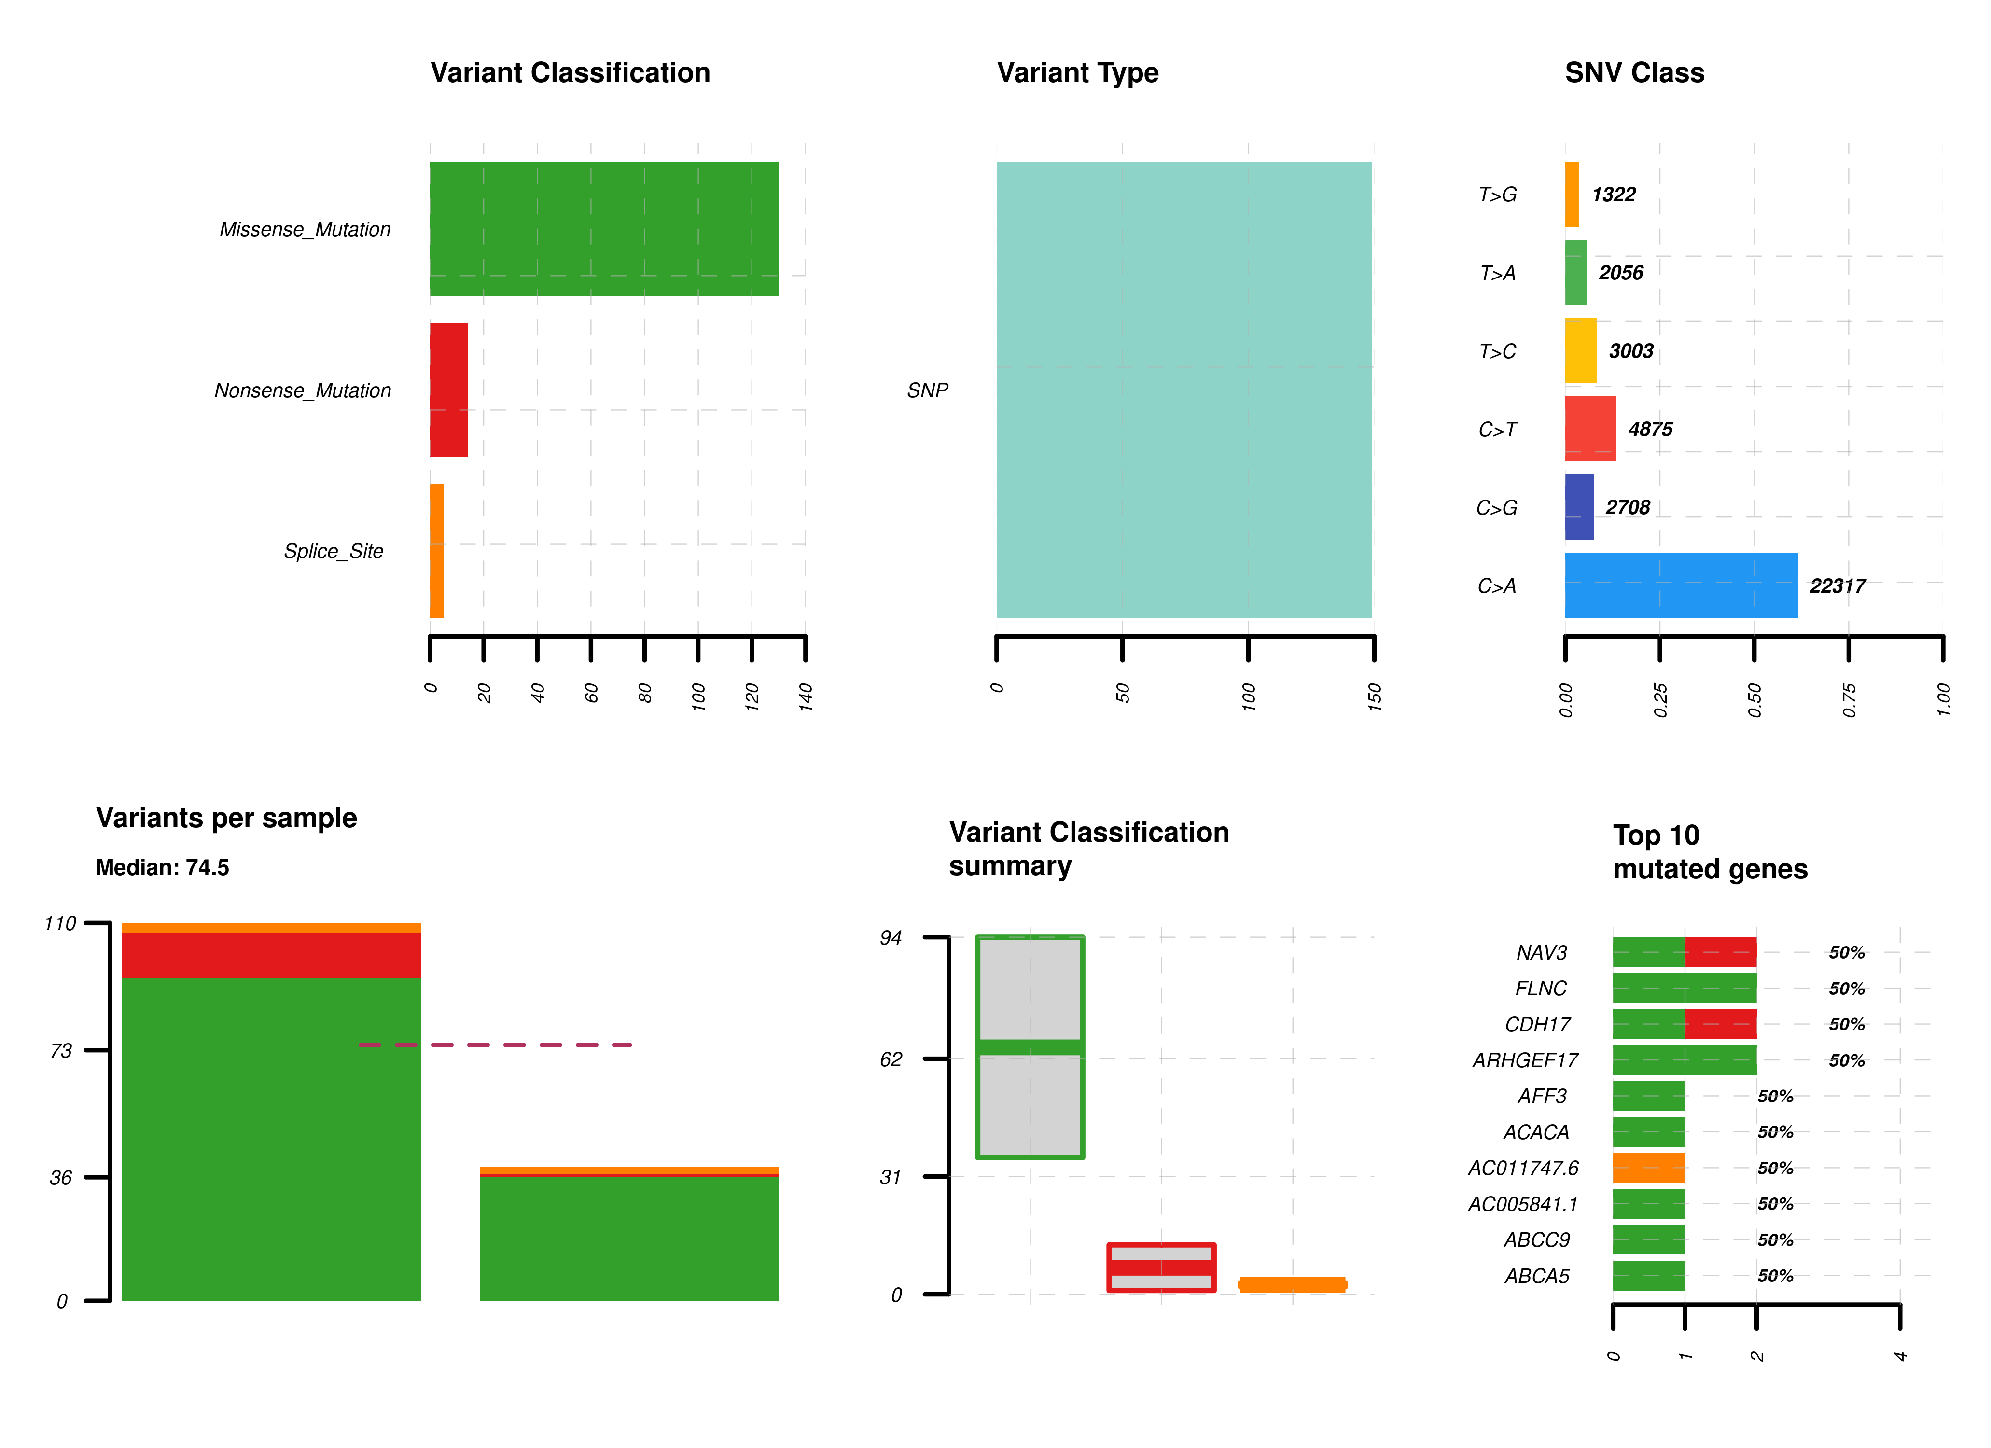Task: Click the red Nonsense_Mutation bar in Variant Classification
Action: click(x=448, y=390)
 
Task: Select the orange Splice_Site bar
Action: click(x=436, y=551)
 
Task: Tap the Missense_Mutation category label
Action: click(x=305, y=229)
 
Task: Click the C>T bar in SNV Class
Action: click(x=1590, y=429)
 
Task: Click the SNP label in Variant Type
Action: click(x=927, y=390)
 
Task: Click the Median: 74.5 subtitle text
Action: click(x=162, y=867)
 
